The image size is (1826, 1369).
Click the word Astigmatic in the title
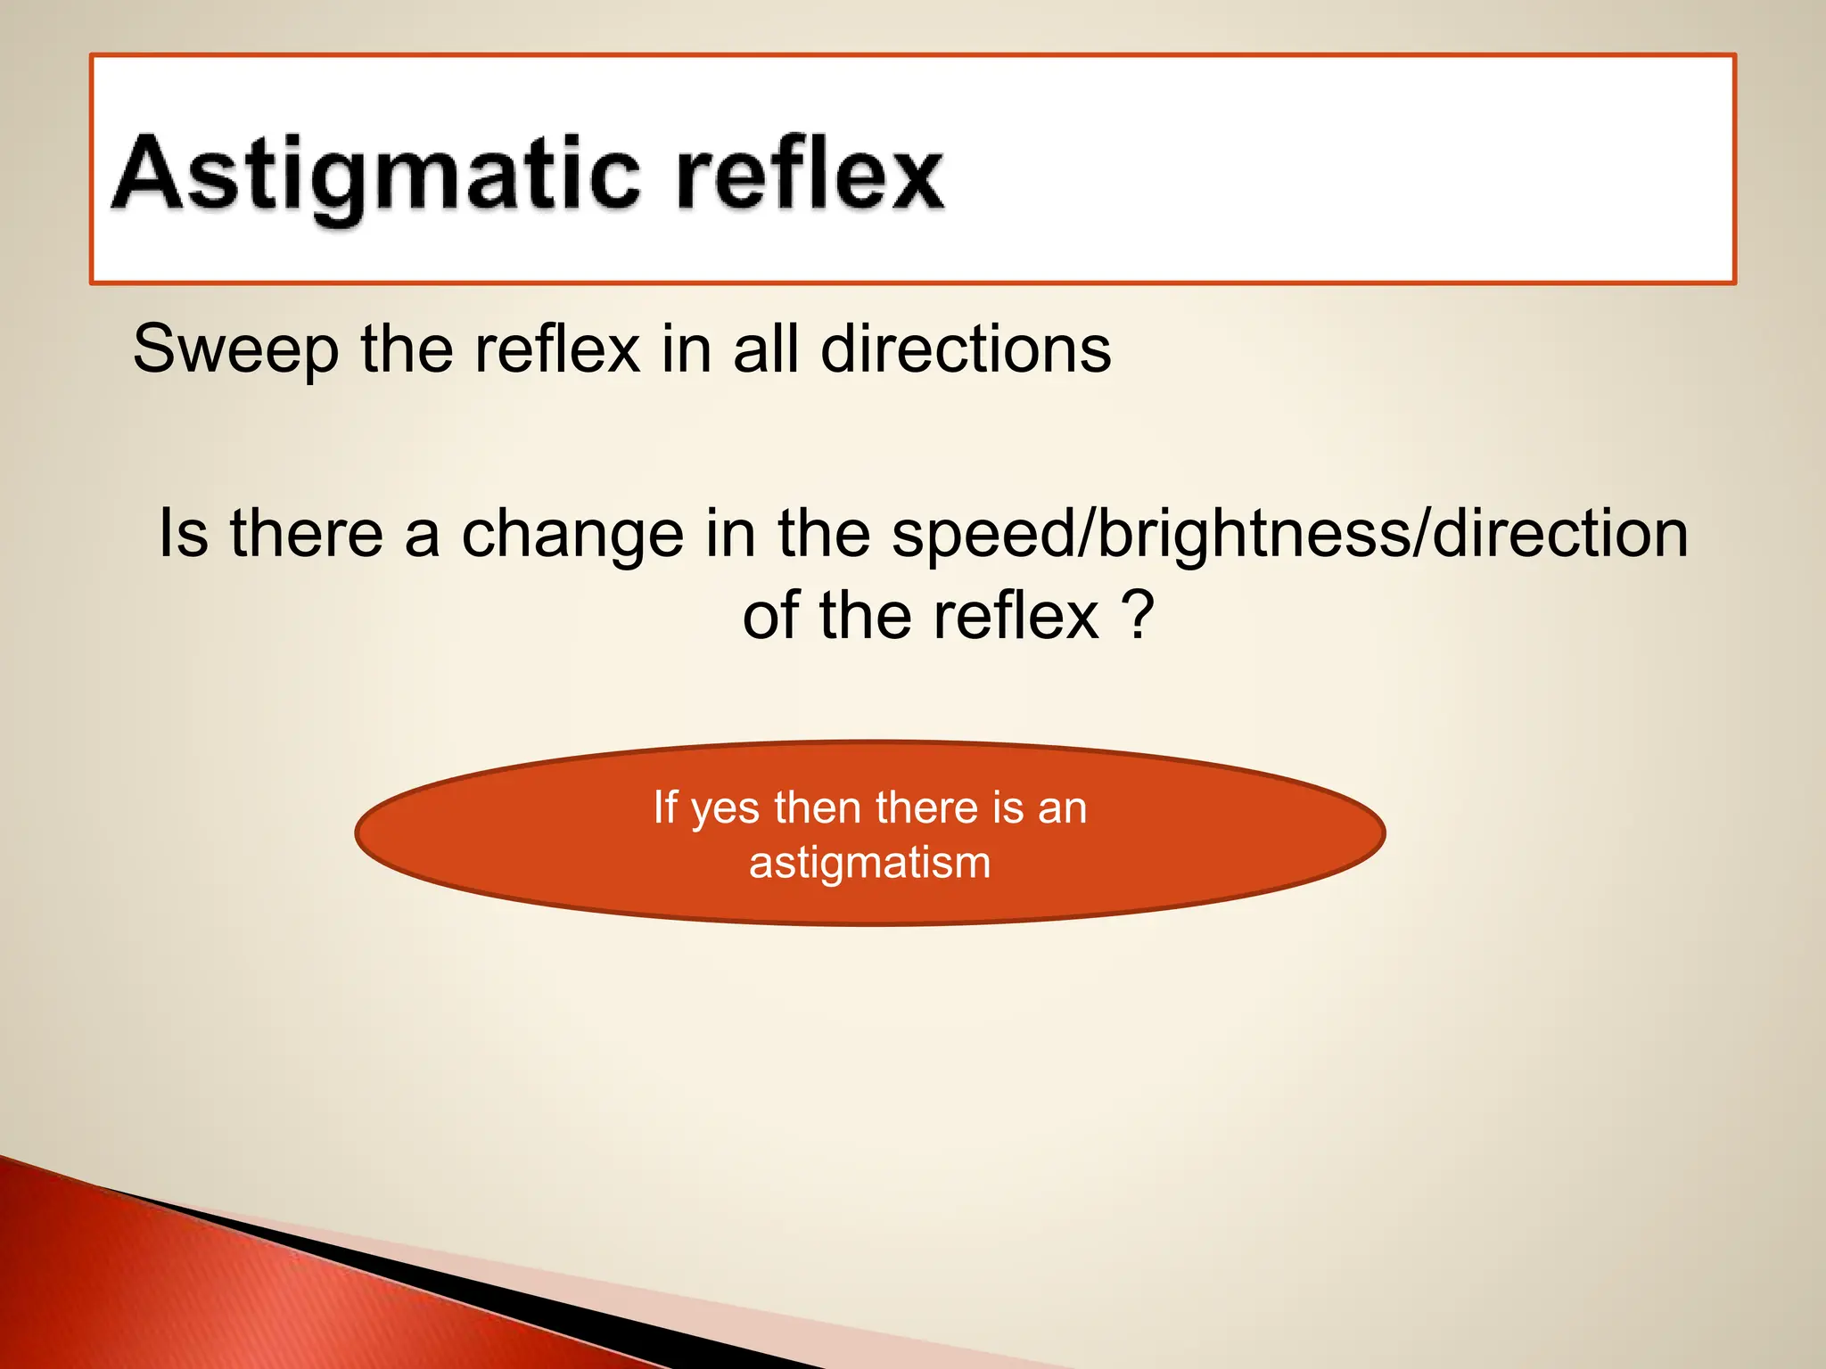click(374, 174)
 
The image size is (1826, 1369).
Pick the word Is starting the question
click(184, 533)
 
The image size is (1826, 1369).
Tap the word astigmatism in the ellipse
click(869, 863)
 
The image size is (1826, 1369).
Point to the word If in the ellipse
click(665, 807)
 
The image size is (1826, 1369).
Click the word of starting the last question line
click(771, 617)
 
